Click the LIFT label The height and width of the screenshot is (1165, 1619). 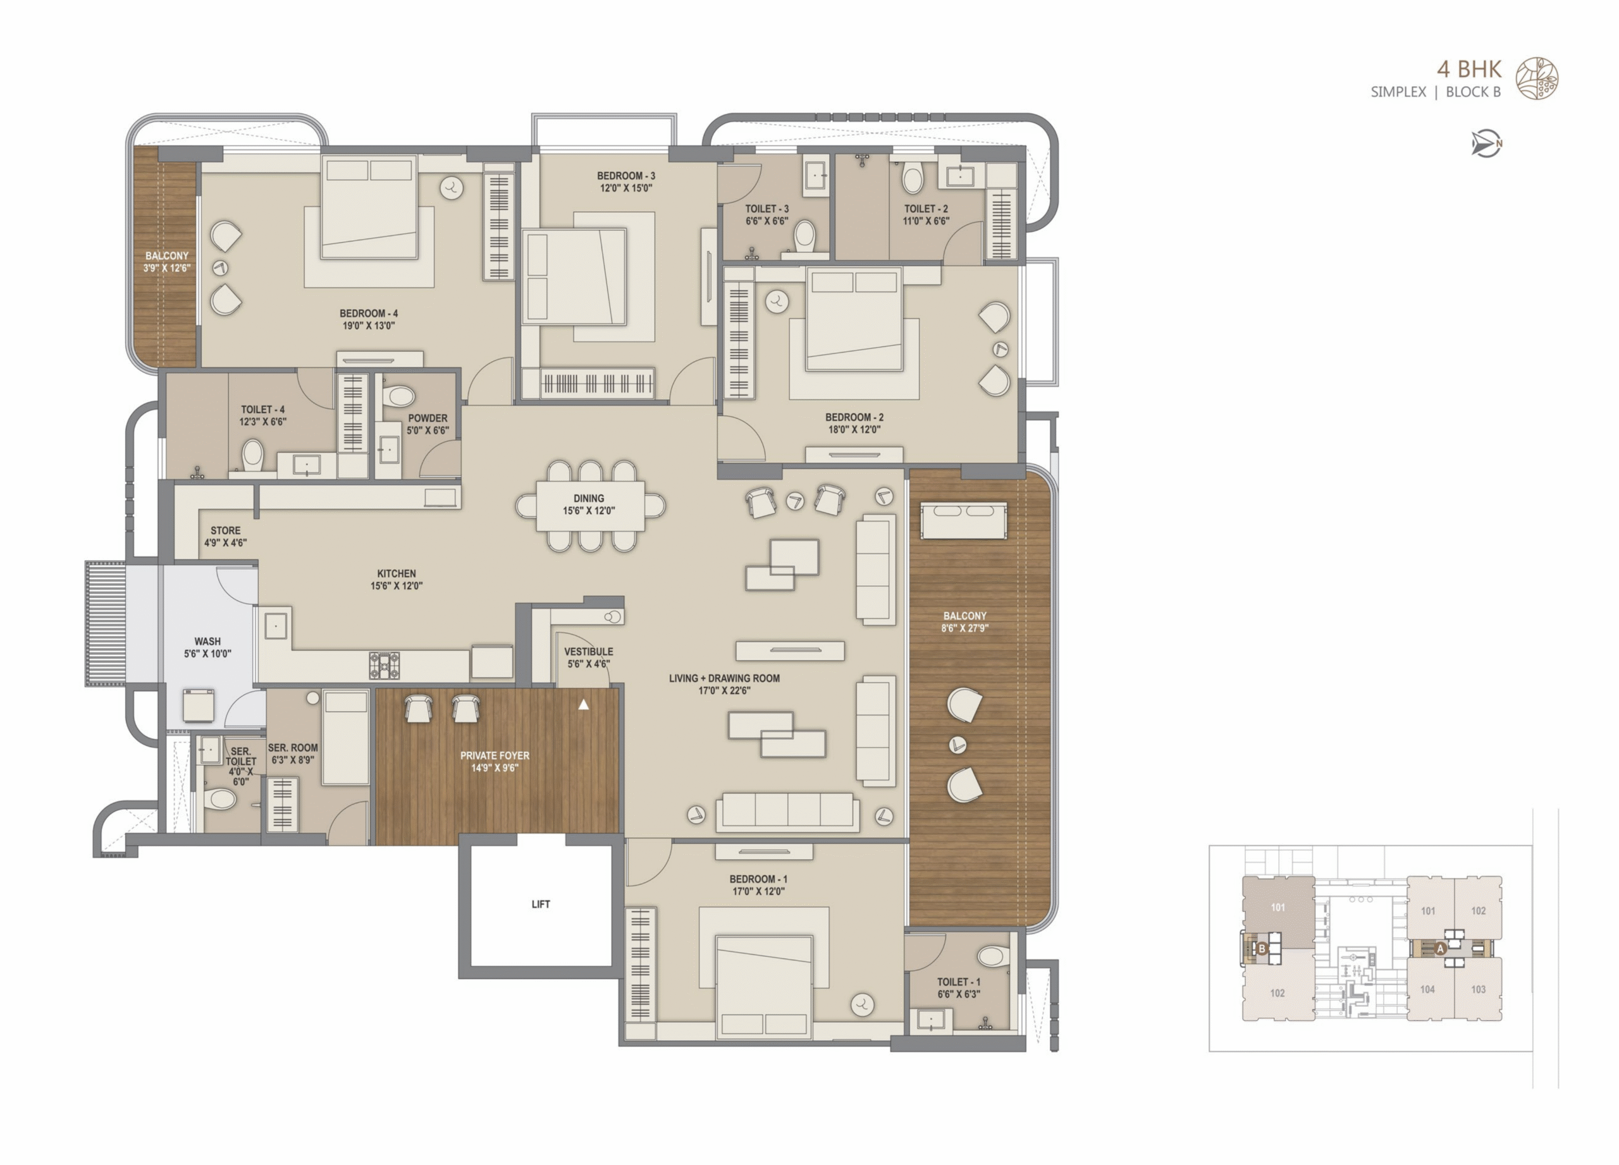coord(540,905)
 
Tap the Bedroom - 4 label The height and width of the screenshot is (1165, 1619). coord(368,313)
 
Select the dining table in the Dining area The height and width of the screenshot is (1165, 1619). coord(590,506)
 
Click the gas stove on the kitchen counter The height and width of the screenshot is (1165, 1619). coord(384,666)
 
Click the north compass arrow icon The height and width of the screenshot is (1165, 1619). coord(1486,144)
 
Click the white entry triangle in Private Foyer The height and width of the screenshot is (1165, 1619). coord(583,705)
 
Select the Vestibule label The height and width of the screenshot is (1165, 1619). coord(588,651)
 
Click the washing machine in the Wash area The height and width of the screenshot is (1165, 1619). coord(199,705)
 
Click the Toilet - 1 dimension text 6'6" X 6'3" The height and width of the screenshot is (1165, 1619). coord(959,994)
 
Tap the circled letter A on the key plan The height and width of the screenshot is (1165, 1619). coord(1440,949)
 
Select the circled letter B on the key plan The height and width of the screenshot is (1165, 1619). coord(1262,949)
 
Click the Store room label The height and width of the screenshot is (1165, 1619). coord(226,531)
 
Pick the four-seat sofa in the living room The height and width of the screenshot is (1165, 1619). coord(788,812)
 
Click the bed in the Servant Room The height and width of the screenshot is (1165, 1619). coord(346,738)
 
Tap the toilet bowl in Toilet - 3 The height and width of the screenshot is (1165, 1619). coord(805,236)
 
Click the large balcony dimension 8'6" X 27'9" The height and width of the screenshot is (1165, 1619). coord(964,628)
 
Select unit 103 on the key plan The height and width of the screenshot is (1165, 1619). coord(1479,989)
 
